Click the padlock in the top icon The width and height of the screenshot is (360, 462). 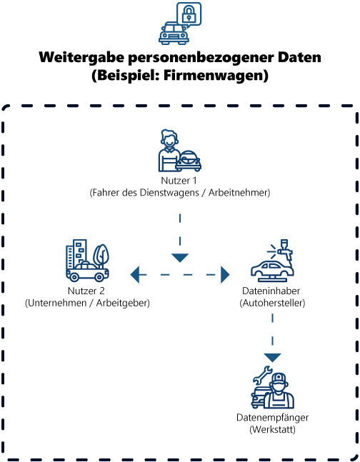(189, 14)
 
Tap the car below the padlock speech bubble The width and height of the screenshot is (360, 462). (174, 33)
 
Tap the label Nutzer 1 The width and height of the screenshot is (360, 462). (179, 181)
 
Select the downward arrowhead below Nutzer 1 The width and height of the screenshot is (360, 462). (180, 256)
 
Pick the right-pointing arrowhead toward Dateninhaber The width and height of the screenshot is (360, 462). (226, 273)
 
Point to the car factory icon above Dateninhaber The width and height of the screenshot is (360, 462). (272, 264)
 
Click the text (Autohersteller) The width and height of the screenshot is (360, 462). (272, 303)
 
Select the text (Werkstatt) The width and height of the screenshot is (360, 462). (272, 429)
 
